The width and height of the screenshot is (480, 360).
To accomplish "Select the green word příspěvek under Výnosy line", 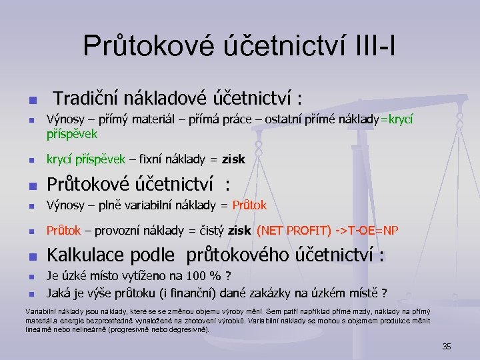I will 71,133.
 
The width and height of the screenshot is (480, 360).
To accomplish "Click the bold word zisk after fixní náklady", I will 235,159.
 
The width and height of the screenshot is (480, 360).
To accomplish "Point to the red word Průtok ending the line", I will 250,205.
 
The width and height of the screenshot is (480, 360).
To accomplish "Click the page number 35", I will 447,346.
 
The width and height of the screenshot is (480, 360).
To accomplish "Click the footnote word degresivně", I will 186,329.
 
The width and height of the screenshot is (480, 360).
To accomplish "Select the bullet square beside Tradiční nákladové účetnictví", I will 30,101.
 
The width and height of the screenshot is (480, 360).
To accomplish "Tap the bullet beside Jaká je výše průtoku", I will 30,293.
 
